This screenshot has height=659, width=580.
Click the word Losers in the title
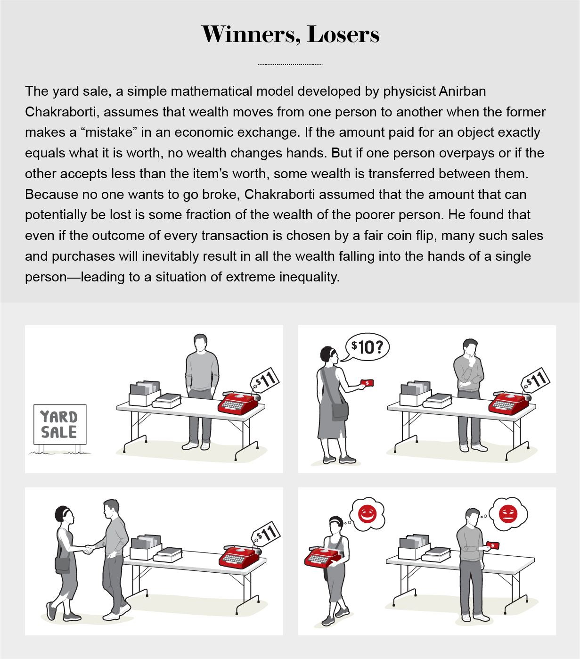pyautogui.click(x=343, y=34)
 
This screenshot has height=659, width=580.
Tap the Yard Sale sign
pyautogui.click(x=60, y=424)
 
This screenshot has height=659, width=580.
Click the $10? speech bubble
pyautogui.click(x=366, y=347)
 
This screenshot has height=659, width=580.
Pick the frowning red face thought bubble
pyautogui.click(x=508, y=514)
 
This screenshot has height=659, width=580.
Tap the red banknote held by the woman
pyautogui.click(x=367, y=383)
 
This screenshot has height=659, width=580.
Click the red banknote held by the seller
pyautogui.click(x=492, y=545)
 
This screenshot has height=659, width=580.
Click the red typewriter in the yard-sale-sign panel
pyautogui.click(x=239, y=403)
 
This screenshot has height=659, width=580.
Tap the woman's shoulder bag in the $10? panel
pyautogui.click(x=340, y=411)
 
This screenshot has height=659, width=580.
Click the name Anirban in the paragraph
pyautogui.click(x=462, y=91)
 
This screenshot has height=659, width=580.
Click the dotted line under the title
pyautogui.click(x=290, y=65)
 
